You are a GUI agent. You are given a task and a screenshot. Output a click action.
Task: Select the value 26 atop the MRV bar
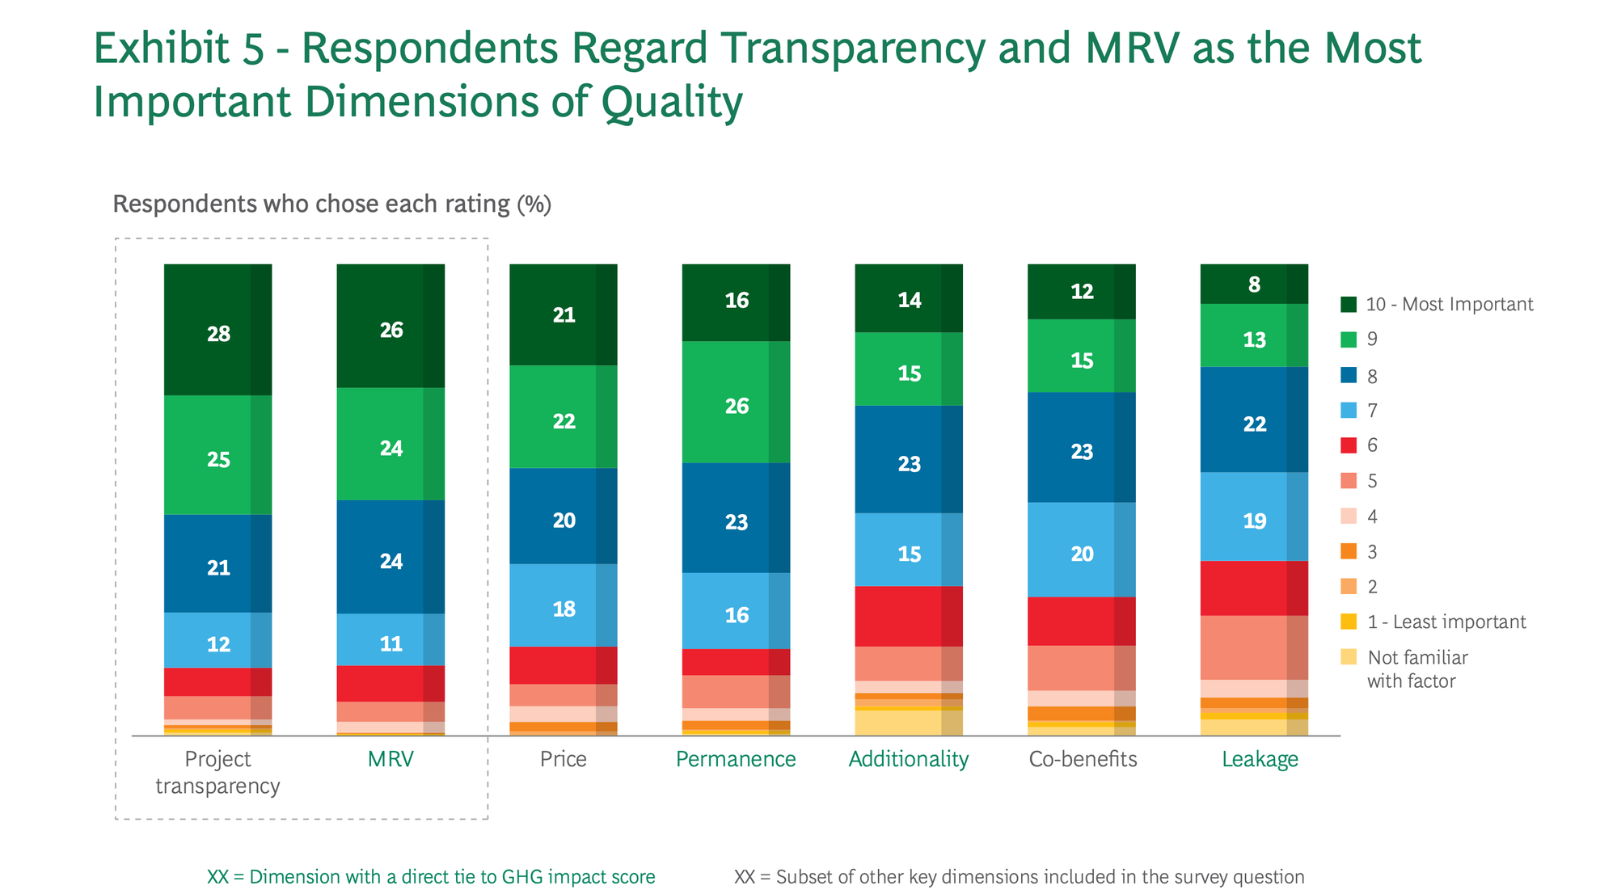click(391, 329)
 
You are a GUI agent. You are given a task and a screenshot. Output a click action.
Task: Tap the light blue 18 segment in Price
click(564, 608)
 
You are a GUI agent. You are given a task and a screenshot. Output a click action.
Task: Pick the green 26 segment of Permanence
click(736, 405)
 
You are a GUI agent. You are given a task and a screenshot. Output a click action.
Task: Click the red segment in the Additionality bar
click(909, 616)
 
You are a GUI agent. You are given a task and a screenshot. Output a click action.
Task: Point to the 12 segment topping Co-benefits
click(1082, 291)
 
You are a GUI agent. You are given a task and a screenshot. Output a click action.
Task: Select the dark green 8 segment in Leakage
click(1254, 285)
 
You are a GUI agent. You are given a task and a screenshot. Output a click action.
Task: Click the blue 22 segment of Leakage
click(1254, 423)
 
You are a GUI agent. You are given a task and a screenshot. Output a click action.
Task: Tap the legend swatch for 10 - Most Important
click(1349, 305)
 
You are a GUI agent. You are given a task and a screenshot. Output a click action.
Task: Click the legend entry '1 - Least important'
click(1446, 622)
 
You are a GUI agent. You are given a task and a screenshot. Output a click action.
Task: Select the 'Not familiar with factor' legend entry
click(1416, 668)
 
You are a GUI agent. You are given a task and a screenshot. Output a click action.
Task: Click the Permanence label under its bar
click(736, 759)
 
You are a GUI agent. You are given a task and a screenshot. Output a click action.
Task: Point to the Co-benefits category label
click(1083, 759)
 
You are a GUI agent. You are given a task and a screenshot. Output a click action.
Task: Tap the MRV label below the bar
click(391, 759)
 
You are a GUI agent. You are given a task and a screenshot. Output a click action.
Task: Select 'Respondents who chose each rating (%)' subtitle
click(331, 204)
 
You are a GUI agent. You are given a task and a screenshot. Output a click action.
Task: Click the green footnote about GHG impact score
click(431, 877)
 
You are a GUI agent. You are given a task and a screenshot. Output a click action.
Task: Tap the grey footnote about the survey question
click(1019, 877)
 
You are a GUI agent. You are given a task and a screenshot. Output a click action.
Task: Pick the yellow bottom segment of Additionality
click(909, 723)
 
